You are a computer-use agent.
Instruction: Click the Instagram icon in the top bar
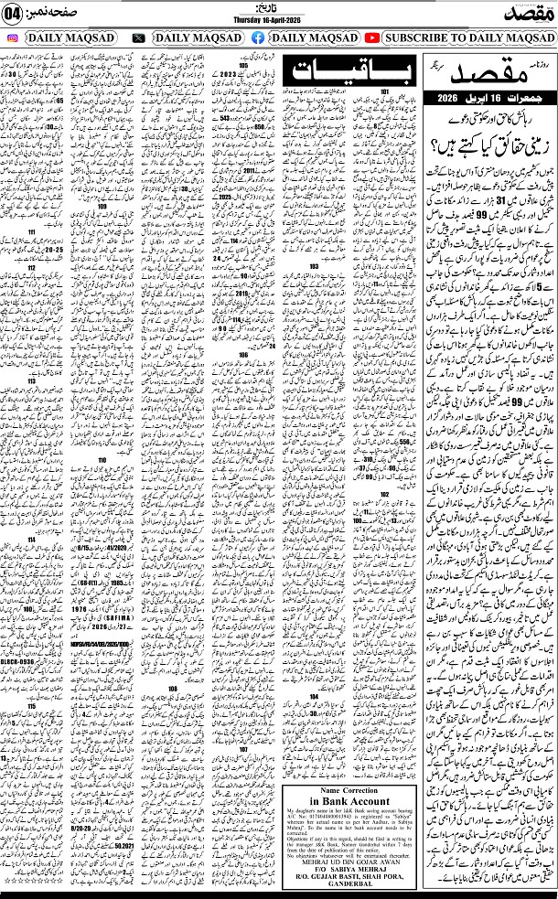click(12, 37)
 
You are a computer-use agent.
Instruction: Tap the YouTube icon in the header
click(372, 37)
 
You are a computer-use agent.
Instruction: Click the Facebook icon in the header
click(257, 37)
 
